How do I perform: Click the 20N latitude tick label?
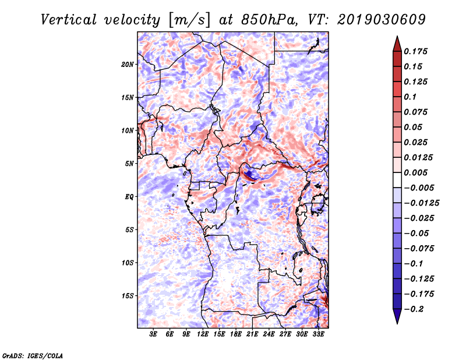coord(127,65)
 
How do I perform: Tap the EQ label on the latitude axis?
coord(129,197)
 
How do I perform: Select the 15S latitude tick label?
coord(127,296)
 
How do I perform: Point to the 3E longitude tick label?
coord(153,334)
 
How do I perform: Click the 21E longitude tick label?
coord(252,334)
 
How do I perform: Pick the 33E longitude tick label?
coord(318,334)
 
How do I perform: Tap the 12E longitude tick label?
coord(202,334)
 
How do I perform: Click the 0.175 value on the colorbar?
coord(415,51)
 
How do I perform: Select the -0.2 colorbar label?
coord(414,309)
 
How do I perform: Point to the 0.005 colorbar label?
coord(415,172)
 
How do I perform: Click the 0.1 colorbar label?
coord(410,97)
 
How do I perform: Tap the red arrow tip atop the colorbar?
coord(397,37)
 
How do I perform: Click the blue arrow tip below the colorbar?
coord(397,323)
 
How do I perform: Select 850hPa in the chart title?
coord(269,20)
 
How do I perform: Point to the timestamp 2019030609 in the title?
coord(382,20)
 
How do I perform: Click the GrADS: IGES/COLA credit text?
coord(33,355)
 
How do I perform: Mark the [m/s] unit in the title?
coord(189,20)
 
